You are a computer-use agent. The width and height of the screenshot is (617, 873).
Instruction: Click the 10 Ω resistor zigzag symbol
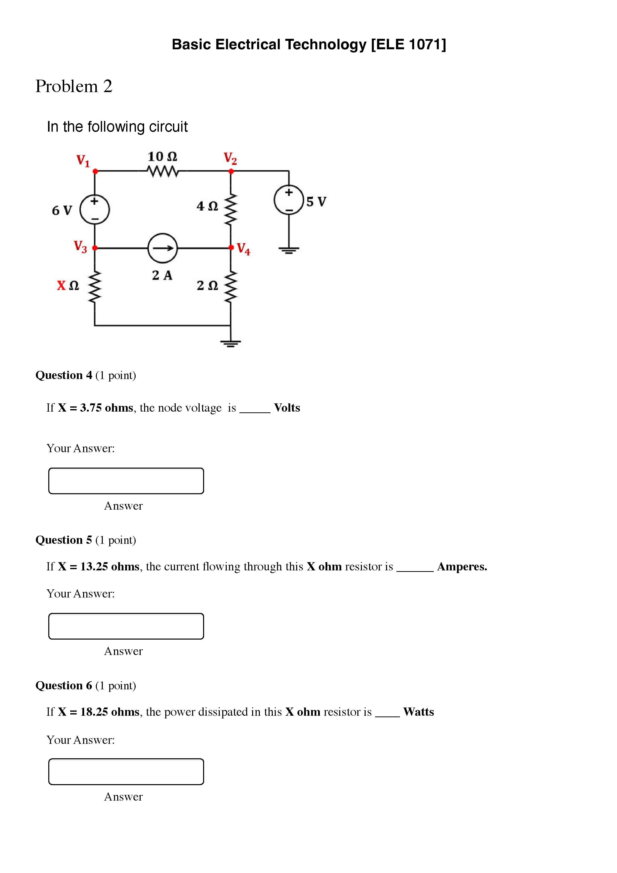(x=162, y=171)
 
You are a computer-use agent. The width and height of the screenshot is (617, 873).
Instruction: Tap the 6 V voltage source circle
(x=95, y=210)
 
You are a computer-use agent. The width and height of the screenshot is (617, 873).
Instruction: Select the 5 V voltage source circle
(x=288, y=200)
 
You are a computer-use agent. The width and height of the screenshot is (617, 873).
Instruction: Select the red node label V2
(x=230, y=158)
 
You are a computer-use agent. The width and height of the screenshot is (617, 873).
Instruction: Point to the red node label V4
(x=243, y=249)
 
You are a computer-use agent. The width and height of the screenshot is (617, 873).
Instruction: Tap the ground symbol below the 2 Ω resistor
(x=230, y=343)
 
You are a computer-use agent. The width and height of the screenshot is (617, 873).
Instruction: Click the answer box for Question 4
(x=126, y=481)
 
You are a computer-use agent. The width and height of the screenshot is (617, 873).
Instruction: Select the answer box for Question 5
(x=126, y=626)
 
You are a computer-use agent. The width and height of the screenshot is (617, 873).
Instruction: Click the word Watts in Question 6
(x=419, y=712)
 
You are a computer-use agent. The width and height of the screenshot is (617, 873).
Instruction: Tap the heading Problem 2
(x=74, y=86)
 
